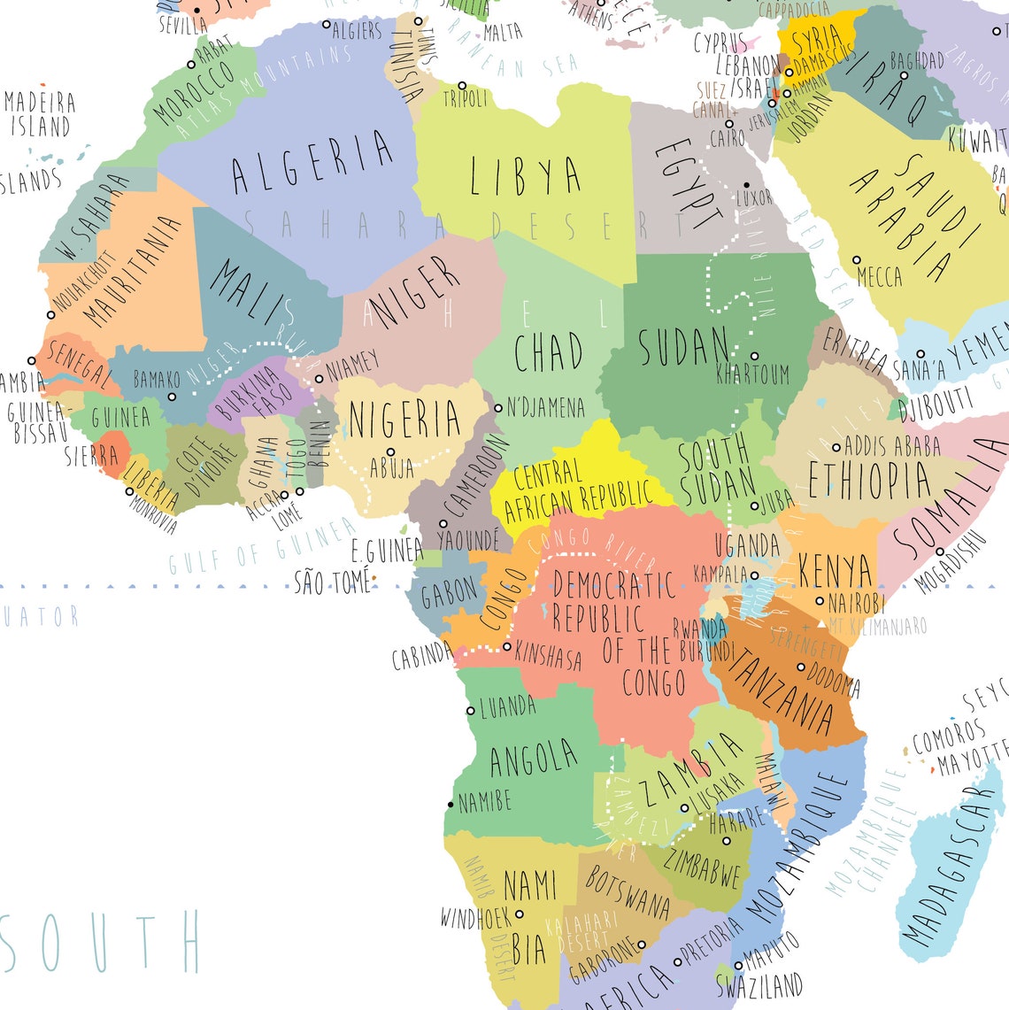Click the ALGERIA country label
pos(312,162)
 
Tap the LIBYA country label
pos(526,175)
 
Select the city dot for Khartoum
pos(754,356)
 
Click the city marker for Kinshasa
pos(506,646)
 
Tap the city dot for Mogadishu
pos(939,551)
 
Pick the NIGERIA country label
pos(404,420)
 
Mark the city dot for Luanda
pos(471,710)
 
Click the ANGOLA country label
pos(533,759)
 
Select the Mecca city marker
pos(856,259)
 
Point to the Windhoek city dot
pos(520,914)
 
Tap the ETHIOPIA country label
pos(869,480)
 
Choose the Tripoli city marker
pos(462,86)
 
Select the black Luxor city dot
pos(746,184)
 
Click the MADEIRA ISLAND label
pos(40,113)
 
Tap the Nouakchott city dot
pos(50,314)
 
